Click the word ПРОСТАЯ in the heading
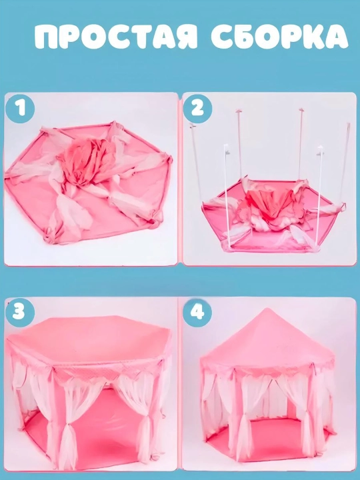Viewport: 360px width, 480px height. pos(116,37)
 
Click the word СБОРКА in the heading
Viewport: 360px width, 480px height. pos(279,37)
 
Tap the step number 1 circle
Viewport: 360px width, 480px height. pos(20,108)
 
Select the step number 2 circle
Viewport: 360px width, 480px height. pos(197,108)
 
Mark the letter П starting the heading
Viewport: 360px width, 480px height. pos(47,37)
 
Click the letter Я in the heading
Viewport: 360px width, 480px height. pos(185,37)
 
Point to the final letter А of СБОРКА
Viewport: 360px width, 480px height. pos(336,37)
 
